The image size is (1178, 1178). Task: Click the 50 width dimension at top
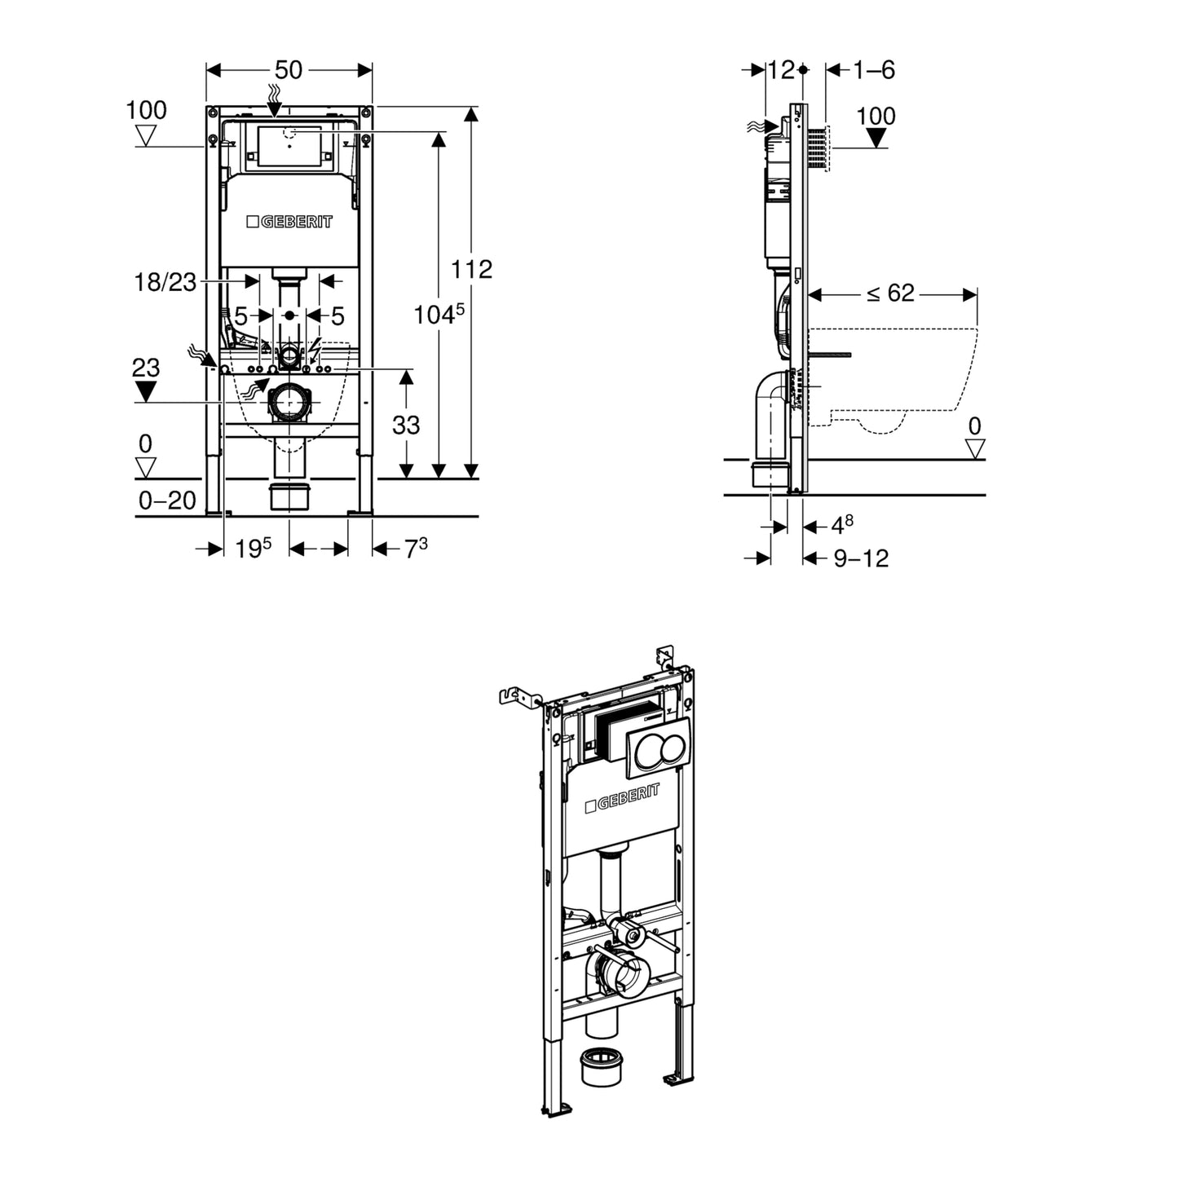[289, 70]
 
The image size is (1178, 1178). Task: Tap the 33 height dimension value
[406, 425]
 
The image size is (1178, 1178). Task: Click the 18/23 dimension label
[165, 282]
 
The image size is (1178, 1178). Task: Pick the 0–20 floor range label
[167, 501]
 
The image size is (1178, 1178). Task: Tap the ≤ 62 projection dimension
[890, 293]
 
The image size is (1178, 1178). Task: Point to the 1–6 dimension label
[874, 70]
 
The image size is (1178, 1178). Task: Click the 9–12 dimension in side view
[861, 558]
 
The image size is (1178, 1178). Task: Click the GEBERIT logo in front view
[289, 222]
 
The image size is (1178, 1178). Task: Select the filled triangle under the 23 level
[145, 392]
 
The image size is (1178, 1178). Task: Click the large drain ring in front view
[289, 402]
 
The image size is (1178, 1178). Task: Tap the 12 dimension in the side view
[780, 70]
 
